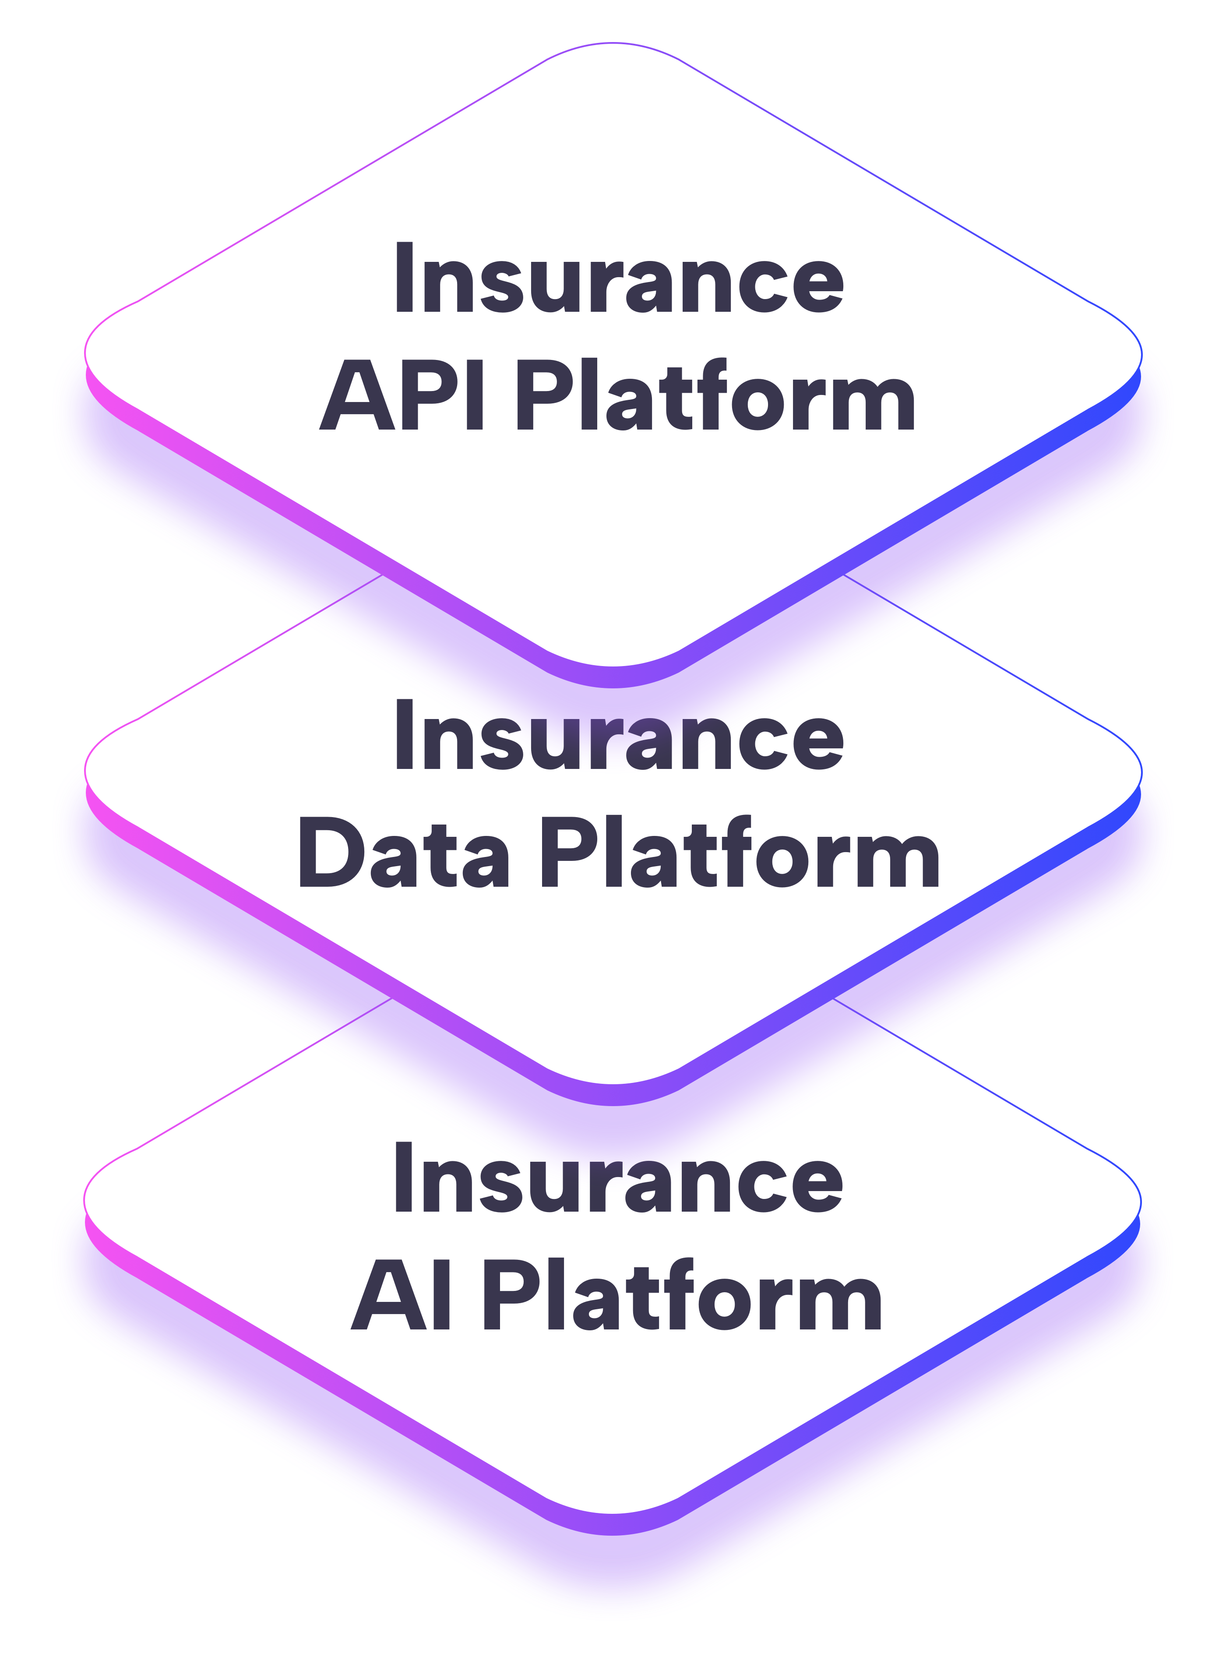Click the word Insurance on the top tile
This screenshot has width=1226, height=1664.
pyautogui.click(x=618, y=279)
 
